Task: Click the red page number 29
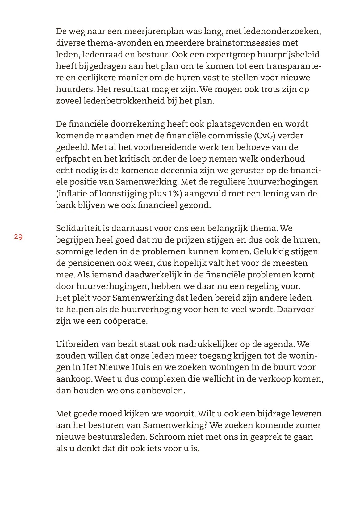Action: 18,237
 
